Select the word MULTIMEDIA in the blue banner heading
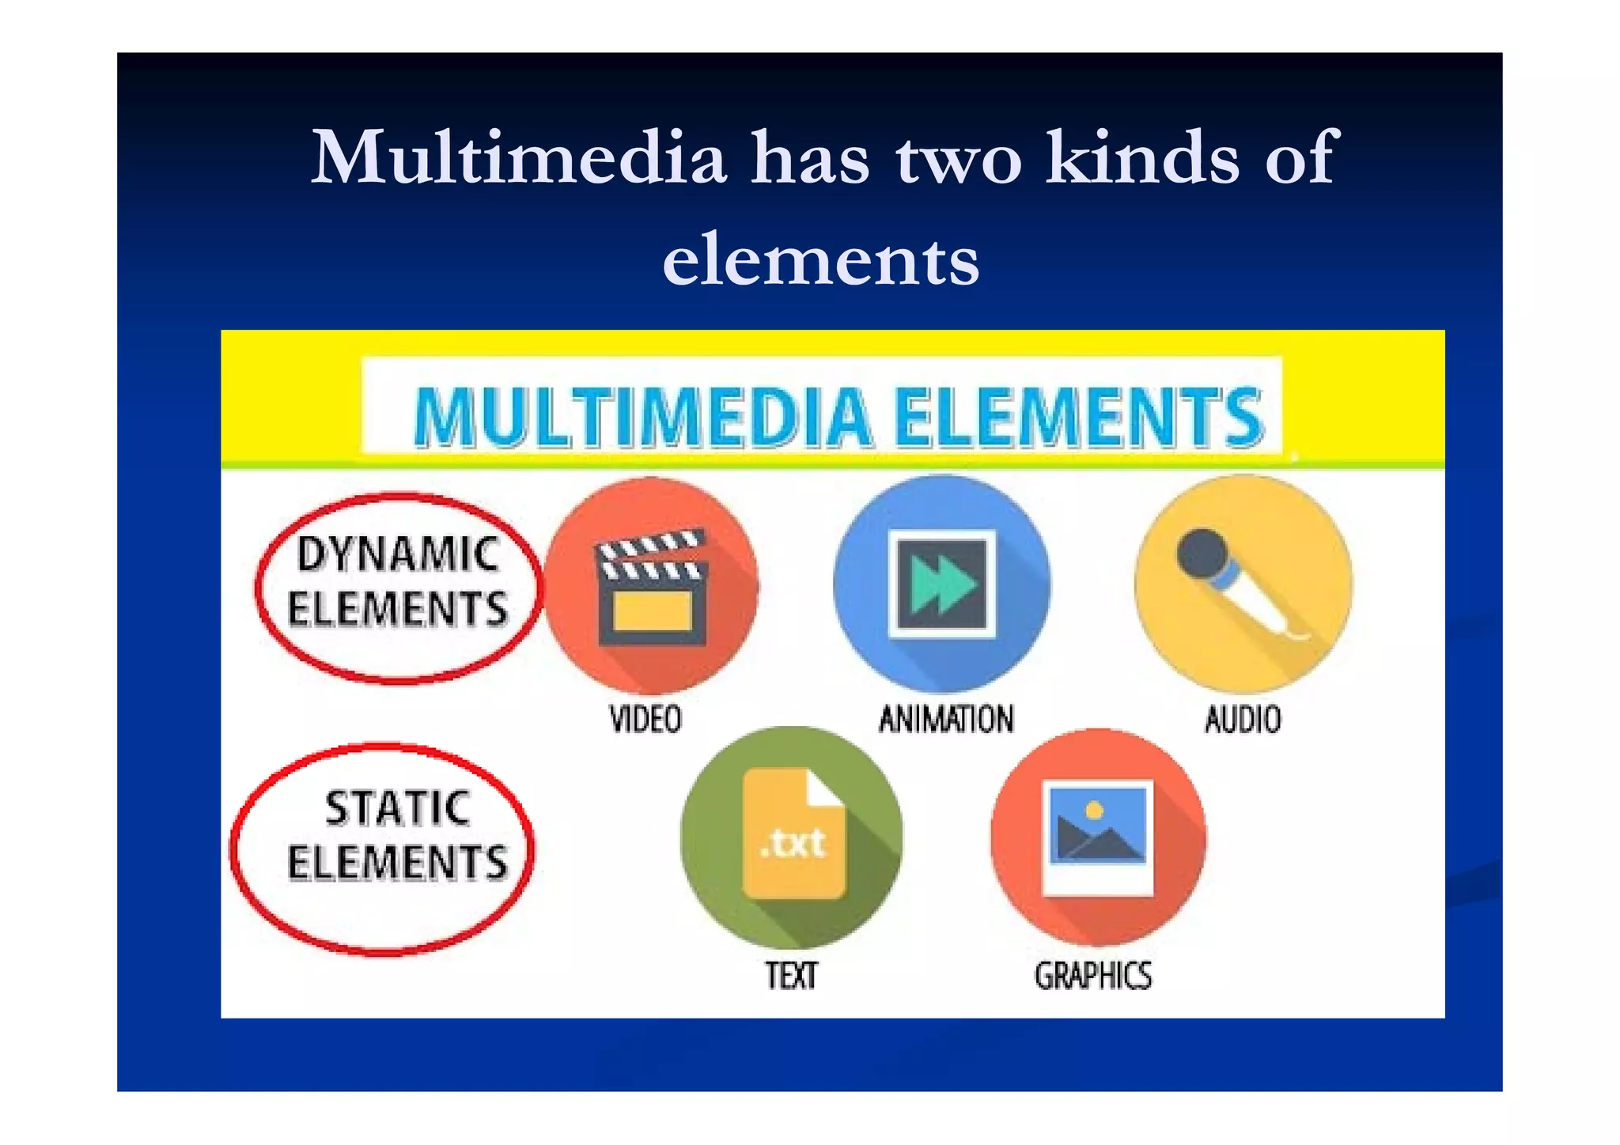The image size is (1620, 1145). click(x=643, y=418)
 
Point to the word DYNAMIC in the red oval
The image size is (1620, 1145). click(x=398, y=554)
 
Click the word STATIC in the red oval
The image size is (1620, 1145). click(x=398, y=808)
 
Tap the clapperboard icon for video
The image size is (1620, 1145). click(x=651, y=587)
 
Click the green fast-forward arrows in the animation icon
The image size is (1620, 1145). click(x=941, y=584)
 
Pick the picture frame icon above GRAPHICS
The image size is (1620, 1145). click(x=1097, y=837)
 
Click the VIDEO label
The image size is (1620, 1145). click(x=645, y=720)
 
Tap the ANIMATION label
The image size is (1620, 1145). click(x=946, y=720)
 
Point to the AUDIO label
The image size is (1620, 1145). click(x=1243, y=720)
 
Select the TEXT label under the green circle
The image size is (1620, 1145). click(x=791, y=975)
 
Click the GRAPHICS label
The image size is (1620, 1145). click(x=1093, y=975)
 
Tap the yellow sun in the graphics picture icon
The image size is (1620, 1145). click(x=1095, y=811)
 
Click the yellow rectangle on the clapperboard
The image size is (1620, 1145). click(x=653, y=610)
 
